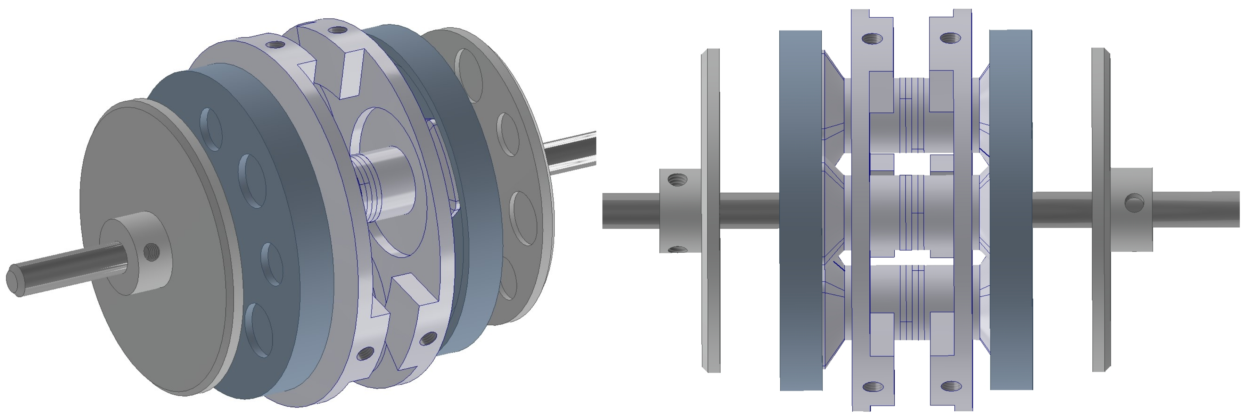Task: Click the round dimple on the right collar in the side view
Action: point(1134,203)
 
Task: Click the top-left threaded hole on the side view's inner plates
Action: point(873,39)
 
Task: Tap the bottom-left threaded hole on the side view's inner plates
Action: point(873,387)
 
